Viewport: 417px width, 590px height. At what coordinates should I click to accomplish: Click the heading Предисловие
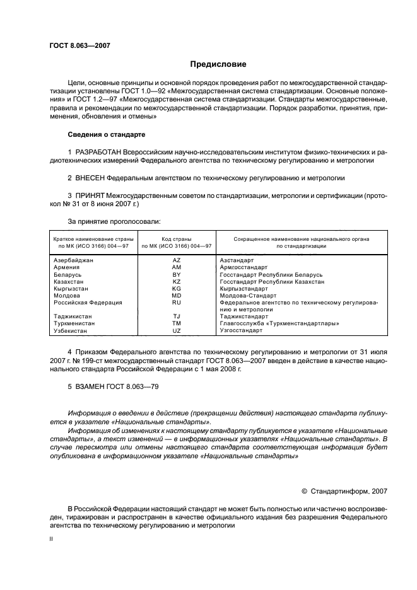[218, 64]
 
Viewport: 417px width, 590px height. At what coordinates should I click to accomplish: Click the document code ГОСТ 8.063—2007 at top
[75, 45]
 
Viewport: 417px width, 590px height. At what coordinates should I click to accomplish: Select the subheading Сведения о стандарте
[107, 135]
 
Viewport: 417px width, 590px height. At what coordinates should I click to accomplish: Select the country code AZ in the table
[176, 260]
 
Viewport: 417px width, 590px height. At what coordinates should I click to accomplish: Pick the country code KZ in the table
[176, 282]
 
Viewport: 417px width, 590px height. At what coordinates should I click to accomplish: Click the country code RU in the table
[176, 303]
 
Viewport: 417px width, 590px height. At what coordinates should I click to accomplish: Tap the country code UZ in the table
[176, 330]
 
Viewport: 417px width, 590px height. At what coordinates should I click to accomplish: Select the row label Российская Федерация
[88, 303]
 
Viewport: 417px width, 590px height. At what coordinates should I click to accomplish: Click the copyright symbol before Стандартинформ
[305, 490]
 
